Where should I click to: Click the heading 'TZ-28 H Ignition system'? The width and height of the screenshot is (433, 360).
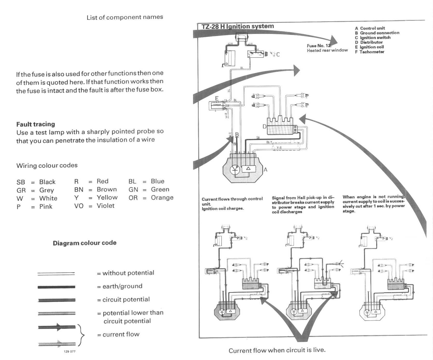pyautogui.click(x=237, y=26)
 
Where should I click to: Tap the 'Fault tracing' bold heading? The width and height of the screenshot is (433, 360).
pyautogui.click(x=36, y=124)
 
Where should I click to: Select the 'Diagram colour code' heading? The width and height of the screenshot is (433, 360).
pyautogui.click(x=85, y=243)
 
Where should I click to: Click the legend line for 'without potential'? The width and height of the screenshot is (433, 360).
pyautogui.click(x=56, y=273)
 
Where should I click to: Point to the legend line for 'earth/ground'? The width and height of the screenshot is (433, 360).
pyautogui.click(x=56, y=287)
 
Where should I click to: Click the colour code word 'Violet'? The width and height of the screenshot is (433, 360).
pyautogui.click(x=106, y=206)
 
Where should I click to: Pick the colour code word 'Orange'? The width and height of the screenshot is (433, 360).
pyautogui.click(x=162, y=198)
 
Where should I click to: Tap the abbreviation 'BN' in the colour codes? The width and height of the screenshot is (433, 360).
pyautogui.click(x=79, y=190)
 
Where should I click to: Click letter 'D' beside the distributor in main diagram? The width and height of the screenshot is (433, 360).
pyautogui.click(x=264, y=127)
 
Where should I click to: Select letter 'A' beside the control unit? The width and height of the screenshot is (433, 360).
pyautogui.click(x=265, y=170)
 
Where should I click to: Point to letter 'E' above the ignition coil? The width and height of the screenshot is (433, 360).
pyautogui.click(x=217, y=98)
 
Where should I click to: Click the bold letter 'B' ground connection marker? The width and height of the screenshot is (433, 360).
pyautogui.click(x=237, y=135)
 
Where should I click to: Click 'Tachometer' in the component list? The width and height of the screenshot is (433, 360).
pyautogui.click(x=372, y=52)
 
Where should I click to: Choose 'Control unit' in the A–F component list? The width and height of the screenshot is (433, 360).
pyautogui.click(x=372, y=28)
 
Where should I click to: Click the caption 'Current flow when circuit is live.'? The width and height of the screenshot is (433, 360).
pyautogui.click(x=277, y=350)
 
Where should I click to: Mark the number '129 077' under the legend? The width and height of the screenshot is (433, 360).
pyautogui.click(x=70, y=352)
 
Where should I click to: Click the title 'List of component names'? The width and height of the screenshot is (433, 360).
pyautogui.click(x=125, y=17)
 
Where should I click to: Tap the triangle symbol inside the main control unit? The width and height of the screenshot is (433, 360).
pyautogui.click(x=248, y=168)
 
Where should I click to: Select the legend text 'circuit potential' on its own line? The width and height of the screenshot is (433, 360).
pyautogui.click(x=126, y=300)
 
